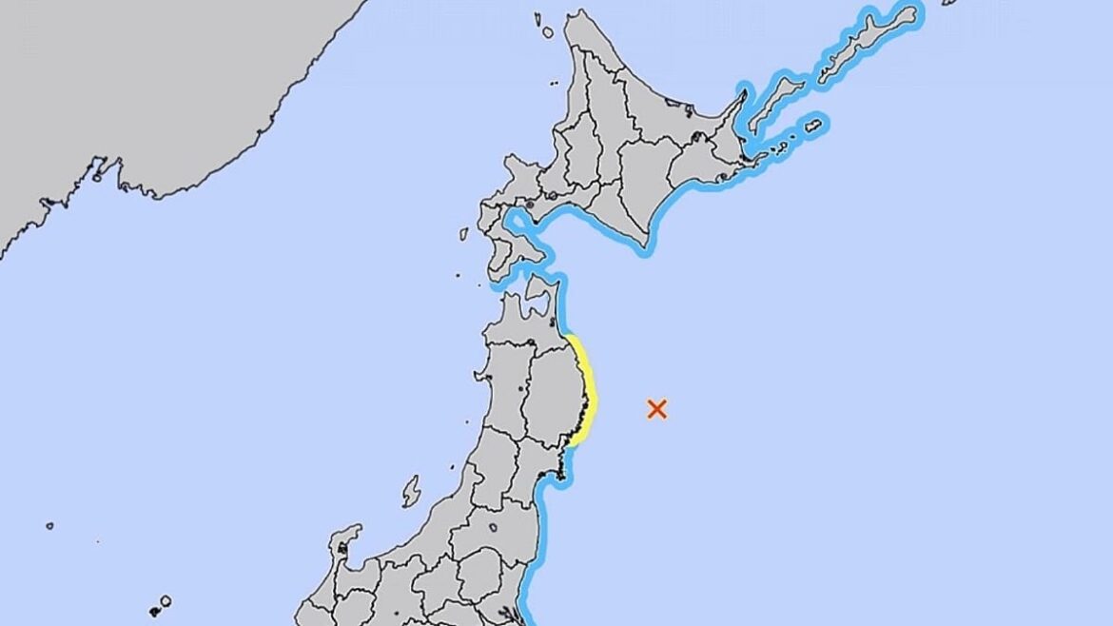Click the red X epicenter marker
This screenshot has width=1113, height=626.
coord(656,409)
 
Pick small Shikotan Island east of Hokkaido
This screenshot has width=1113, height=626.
coord(813,125)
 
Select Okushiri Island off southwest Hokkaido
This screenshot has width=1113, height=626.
coord(463,233)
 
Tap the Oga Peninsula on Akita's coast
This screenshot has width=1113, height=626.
coord(468,361)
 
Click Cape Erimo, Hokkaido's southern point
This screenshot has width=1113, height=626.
coord(648,249)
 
